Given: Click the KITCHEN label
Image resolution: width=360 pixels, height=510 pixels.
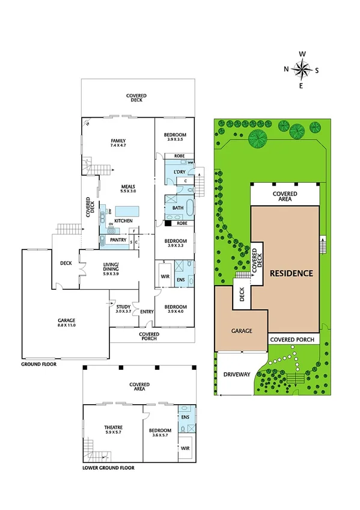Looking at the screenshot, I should [123, 221].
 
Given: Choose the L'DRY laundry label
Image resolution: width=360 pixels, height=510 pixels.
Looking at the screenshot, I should [179, 173].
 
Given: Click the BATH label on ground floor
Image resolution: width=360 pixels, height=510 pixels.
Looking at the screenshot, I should [178, 208].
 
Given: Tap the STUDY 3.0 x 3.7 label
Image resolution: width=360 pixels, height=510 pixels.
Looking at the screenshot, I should [123, 309].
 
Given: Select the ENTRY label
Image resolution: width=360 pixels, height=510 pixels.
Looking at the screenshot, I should [147, 312].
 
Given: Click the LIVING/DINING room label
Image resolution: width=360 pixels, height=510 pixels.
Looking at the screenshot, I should [110, 268].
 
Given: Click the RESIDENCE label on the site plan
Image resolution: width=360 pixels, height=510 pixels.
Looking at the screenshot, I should [291, 273].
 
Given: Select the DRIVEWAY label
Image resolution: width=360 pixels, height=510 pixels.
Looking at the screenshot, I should [237, 374].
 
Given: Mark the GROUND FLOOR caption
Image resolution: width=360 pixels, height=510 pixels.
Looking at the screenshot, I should [39, 364].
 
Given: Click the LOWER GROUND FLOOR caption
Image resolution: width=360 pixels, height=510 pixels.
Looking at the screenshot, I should [108, 467].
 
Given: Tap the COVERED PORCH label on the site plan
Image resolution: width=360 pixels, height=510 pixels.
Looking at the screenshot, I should [292, 340].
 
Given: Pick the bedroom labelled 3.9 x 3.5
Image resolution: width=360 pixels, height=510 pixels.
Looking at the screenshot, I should [177, 137].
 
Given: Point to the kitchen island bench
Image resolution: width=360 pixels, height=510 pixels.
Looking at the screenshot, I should [127, 211].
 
